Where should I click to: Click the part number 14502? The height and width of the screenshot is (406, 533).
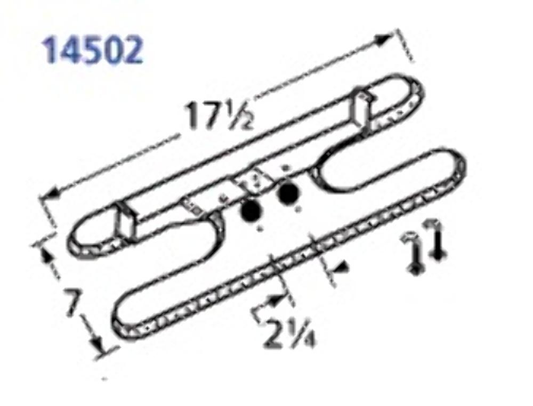click(94, 50)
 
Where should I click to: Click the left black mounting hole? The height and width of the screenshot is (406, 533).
click(251, 213)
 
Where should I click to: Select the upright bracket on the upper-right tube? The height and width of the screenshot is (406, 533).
click(362, 109)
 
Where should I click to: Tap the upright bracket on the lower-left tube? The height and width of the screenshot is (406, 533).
click(127, 223)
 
